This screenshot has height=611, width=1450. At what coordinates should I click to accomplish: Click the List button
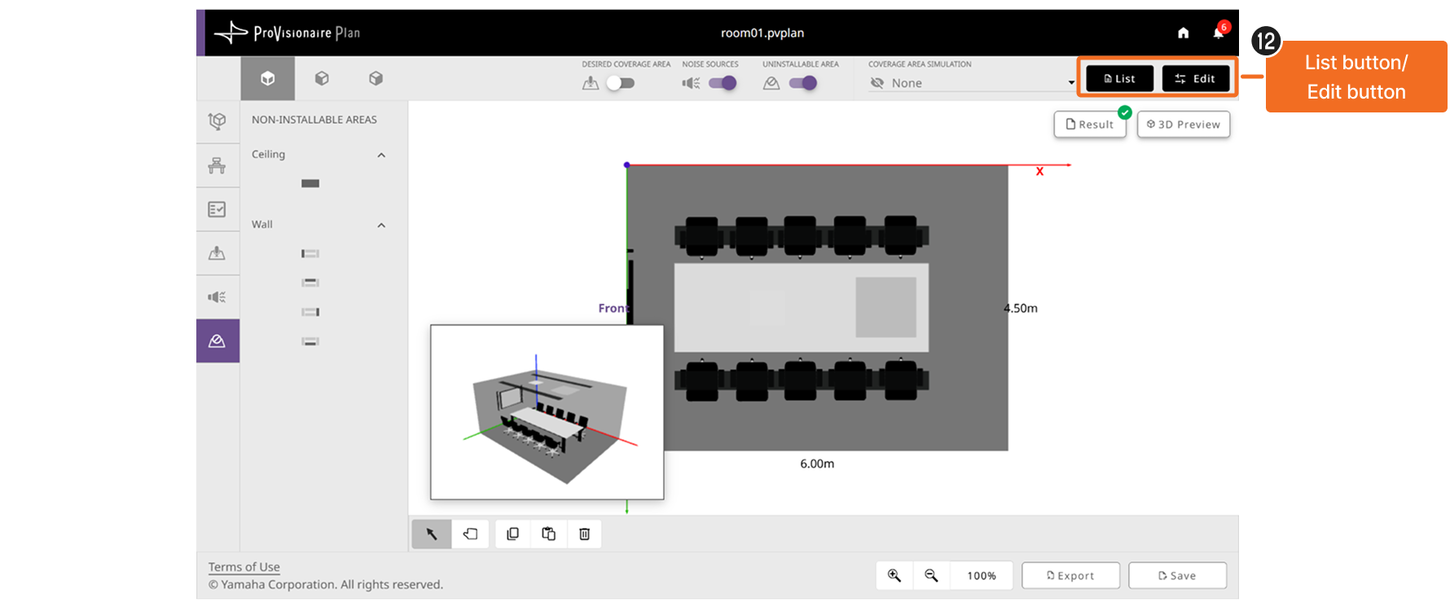pos(1119,78)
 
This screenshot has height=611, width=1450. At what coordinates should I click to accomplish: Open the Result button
pos(1090,125)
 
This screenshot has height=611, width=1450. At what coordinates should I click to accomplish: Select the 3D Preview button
pos(1183,125)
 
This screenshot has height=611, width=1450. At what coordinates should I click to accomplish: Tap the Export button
pos(1070,575)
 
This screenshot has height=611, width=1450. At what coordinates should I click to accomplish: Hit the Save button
pos(1177,575)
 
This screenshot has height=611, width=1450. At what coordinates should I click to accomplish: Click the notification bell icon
pos(1219,33)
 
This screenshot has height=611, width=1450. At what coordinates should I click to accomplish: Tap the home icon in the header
pos(1184,33)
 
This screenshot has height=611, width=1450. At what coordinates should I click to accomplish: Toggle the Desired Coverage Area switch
pos(621,83)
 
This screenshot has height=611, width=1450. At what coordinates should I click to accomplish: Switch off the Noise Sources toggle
pos(723,83)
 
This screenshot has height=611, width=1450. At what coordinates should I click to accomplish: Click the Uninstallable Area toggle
pos(803,83)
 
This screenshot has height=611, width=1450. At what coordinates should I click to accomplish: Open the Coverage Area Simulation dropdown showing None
pos(972,83)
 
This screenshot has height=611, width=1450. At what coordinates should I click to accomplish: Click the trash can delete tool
pos(584,534)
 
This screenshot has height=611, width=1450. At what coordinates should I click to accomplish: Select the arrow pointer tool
pos(432,534)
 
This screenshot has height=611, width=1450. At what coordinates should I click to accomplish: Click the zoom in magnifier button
pos(894,575)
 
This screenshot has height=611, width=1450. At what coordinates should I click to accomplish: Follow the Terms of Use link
pos(244,567)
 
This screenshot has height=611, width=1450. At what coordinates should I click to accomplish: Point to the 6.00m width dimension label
pos(817,464)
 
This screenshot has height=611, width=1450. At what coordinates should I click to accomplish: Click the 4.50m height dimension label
pos(1021,308)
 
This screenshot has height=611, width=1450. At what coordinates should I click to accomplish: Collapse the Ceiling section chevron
pos(381,155)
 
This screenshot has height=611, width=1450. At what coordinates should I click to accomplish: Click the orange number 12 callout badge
pos(1266,41)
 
